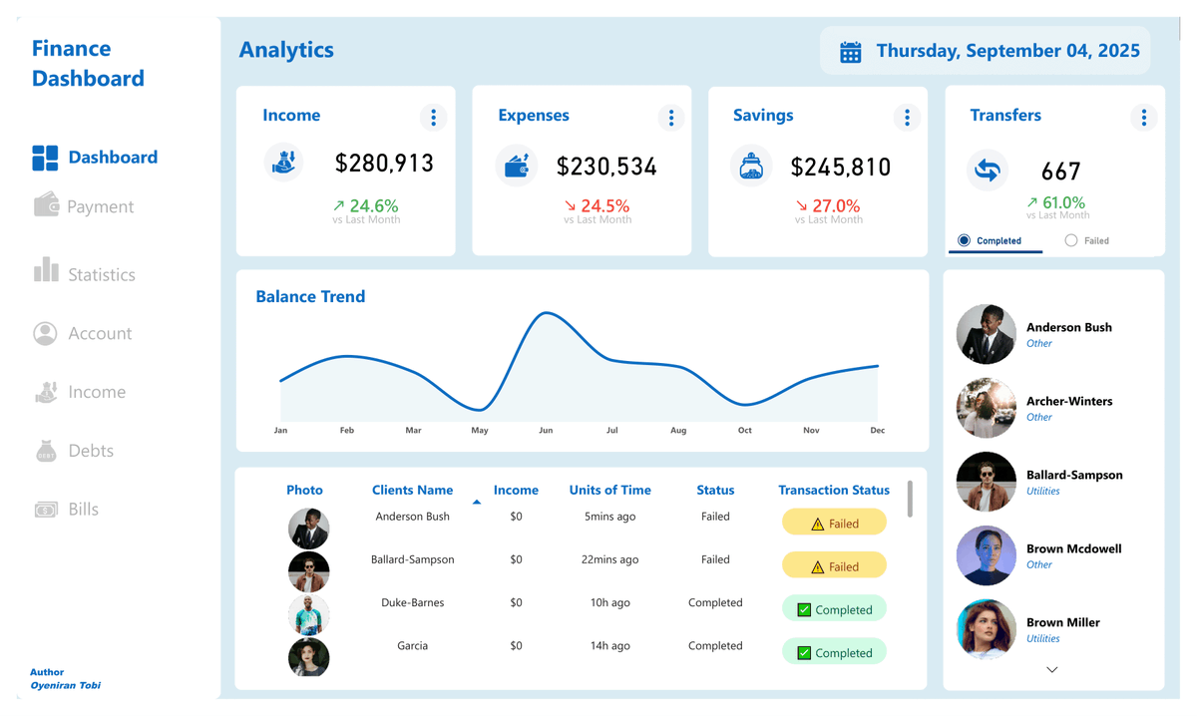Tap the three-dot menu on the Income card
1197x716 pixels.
[x=433, y=118]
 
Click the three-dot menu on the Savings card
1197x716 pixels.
[x=907, y=118]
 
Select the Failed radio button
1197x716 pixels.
[x=1071, y=240]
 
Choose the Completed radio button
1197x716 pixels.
[x=964, y=240]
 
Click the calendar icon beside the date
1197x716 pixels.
[x=850, y=52]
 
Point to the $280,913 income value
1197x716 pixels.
[x=384, y=164]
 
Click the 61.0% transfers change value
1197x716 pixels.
[x=1062, y=202]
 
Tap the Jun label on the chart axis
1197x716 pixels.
[x=546, y=431]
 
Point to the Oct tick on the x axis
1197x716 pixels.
[x=744, y=431]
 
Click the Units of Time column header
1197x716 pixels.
[x=609, y=490]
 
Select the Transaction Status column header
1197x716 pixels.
[x=833, y=490]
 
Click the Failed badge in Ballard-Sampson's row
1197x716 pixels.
[x=834, y=566]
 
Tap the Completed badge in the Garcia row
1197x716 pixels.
[x=834, y=653]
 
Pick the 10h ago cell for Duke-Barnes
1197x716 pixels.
[x=609, y=602]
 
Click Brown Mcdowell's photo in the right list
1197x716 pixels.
[x=986, y=555]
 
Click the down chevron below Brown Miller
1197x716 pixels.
[x=1051, y=670]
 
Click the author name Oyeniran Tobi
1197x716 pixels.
[x=65, y=685]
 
